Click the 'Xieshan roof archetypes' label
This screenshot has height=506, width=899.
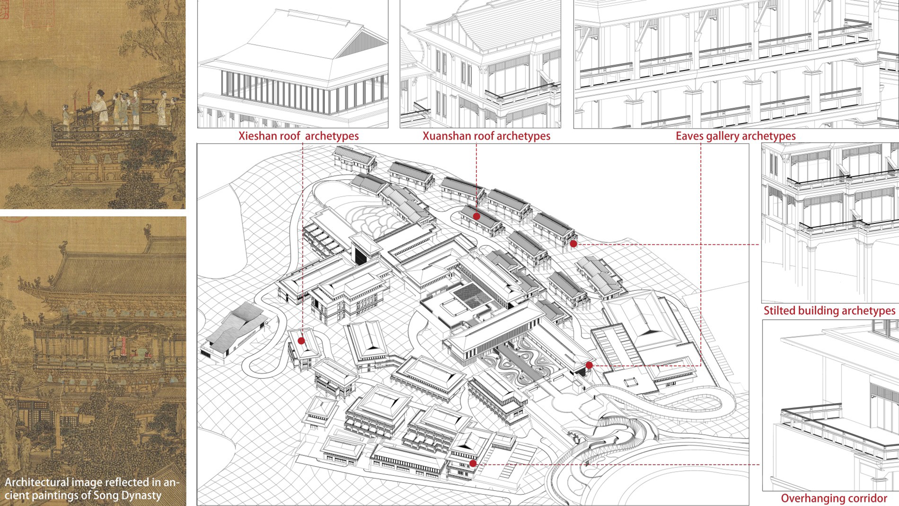click(298, 136)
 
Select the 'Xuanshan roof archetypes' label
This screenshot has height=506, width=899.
click(486, 136)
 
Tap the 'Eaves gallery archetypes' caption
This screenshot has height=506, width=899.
click(736, 136)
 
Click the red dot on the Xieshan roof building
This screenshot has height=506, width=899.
click(301, 341)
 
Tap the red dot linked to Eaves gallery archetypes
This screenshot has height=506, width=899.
click(589, 365)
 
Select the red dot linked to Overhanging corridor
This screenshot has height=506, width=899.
click(473, 463)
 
